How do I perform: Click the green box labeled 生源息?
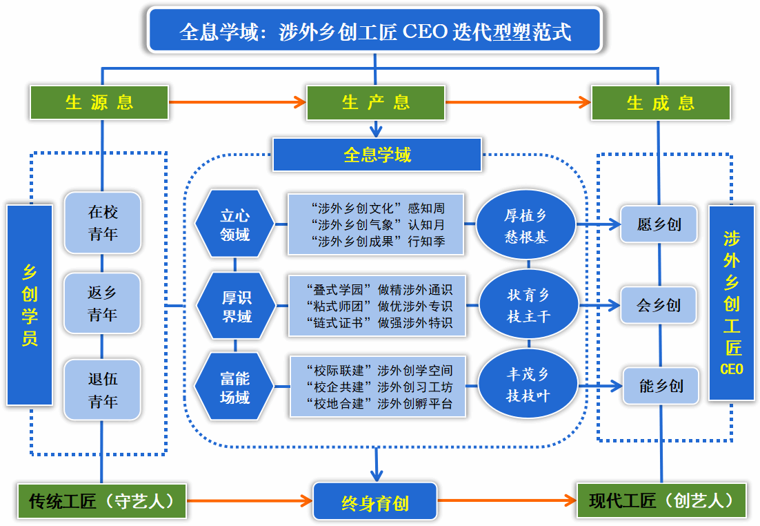point(99,102)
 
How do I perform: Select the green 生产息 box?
point(376,102)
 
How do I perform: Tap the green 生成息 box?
point(661,102)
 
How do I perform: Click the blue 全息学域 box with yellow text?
point(377,155)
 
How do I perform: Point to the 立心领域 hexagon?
point(234,224)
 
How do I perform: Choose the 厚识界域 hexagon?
point(236,306)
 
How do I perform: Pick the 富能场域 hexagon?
point(234,387)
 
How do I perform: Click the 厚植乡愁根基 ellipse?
point(527,225)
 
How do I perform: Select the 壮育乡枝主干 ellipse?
point(528,305)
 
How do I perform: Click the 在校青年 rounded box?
point(103,223)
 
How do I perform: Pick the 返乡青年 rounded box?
point(103,304)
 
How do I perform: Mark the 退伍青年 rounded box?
point(103,390)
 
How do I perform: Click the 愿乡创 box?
point(659,224)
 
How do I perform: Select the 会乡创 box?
point(659,305)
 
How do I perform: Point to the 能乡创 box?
point(661,385)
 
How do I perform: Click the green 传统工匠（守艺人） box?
point(101,501)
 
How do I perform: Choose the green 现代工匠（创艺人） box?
point(661,500)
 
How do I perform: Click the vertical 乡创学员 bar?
point(30,304)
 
